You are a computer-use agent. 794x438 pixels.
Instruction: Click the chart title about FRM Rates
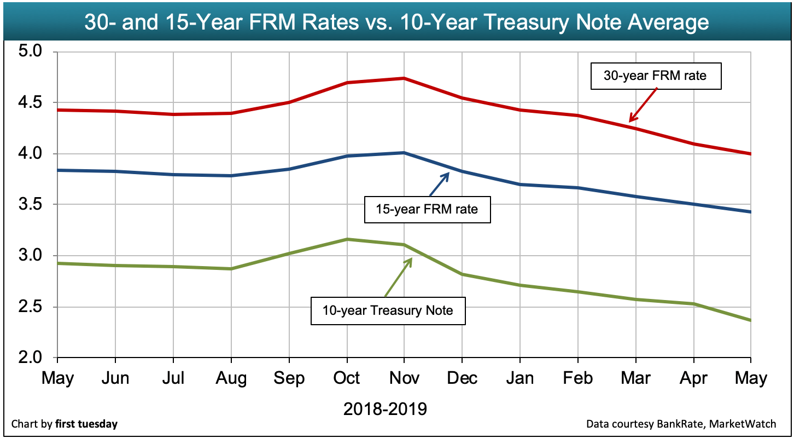[396, 23]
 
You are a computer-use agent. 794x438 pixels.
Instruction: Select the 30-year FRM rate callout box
[655, 76]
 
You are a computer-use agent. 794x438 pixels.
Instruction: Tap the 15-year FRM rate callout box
[427, 209]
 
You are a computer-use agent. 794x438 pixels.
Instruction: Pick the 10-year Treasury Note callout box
[388, 310]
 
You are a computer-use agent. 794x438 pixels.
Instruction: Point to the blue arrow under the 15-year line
[439, 185]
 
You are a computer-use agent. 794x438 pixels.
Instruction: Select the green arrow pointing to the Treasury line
[398, 277]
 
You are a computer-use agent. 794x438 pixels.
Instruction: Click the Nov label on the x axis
[404, 378]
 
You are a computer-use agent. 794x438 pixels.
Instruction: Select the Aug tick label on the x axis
[231, 378]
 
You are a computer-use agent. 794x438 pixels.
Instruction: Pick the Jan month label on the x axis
[519, 378]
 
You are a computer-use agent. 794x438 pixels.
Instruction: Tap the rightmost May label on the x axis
[751, 378]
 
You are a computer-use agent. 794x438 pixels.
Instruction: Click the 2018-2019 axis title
[385, 408]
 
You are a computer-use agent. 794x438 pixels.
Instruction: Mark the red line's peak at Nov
[404, 78]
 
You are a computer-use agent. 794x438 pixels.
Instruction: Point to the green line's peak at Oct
[347, 239]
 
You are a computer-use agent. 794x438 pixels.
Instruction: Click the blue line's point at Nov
[404, 153]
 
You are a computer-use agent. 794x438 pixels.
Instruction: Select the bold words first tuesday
[86, 424]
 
